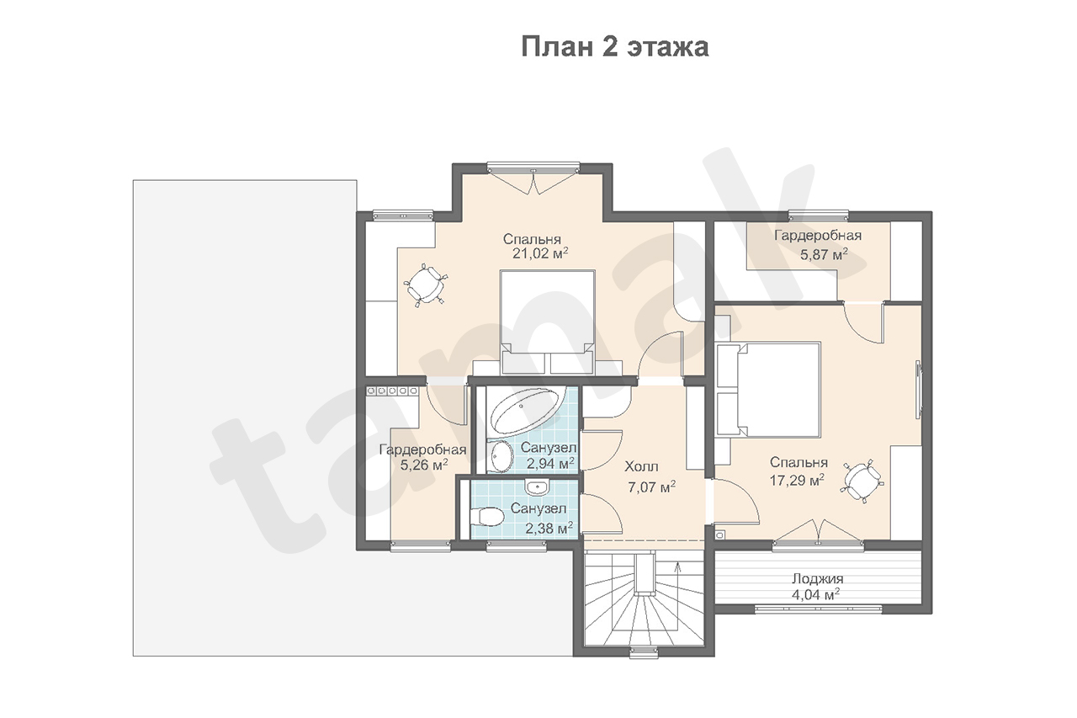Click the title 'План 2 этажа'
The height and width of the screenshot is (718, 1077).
point(615,48)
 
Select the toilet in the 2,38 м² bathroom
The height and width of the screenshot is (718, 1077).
point(486,517)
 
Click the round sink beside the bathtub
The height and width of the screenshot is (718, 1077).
point(501,456)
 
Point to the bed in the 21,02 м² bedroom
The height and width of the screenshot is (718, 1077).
point(547,322)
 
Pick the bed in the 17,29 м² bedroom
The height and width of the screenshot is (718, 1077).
point(768,390)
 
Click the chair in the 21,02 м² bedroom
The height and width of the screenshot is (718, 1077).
point(425,285)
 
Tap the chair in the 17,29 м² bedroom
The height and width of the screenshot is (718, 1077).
point(862,481)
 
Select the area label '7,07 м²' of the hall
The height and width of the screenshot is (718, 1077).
point(651,487)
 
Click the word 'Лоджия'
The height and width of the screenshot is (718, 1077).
point(817,578)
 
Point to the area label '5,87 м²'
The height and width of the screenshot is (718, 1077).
point(824,254)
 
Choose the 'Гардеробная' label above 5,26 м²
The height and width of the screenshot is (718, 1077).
point(422,449)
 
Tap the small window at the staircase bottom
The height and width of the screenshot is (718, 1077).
point(644,652)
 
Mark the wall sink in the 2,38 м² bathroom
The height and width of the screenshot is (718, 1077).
point(536,487)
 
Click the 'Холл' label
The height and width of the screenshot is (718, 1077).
point(641,466)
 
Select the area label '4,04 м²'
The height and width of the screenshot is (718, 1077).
point(815,595)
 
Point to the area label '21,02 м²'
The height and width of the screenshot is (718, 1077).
point(540,253)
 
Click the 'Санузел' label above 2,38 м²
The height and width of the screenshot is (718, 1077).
point(538,508)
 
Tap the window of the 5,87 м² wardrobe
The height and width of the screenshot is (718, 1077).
point(818,216)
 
